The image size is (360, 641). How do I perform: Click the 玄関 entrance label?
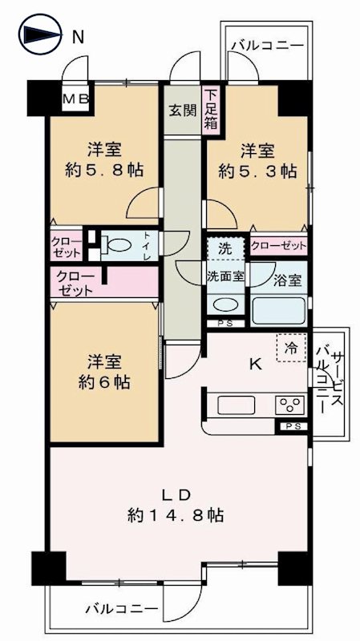click(x=182, y=111)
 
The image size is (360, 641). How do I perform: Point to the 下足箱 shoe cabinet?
click(x=211, y=110)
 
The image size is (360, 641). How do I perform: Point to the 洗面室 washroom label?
click(x=226, y=275)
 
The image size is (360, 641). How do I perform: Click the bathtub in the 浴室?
click(x=278, y=310)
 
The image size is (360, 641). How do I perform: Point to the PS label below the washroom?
click(x=225, y=324)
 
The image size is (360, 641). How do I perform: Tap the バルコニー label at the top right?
click(x=266, y=46)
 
